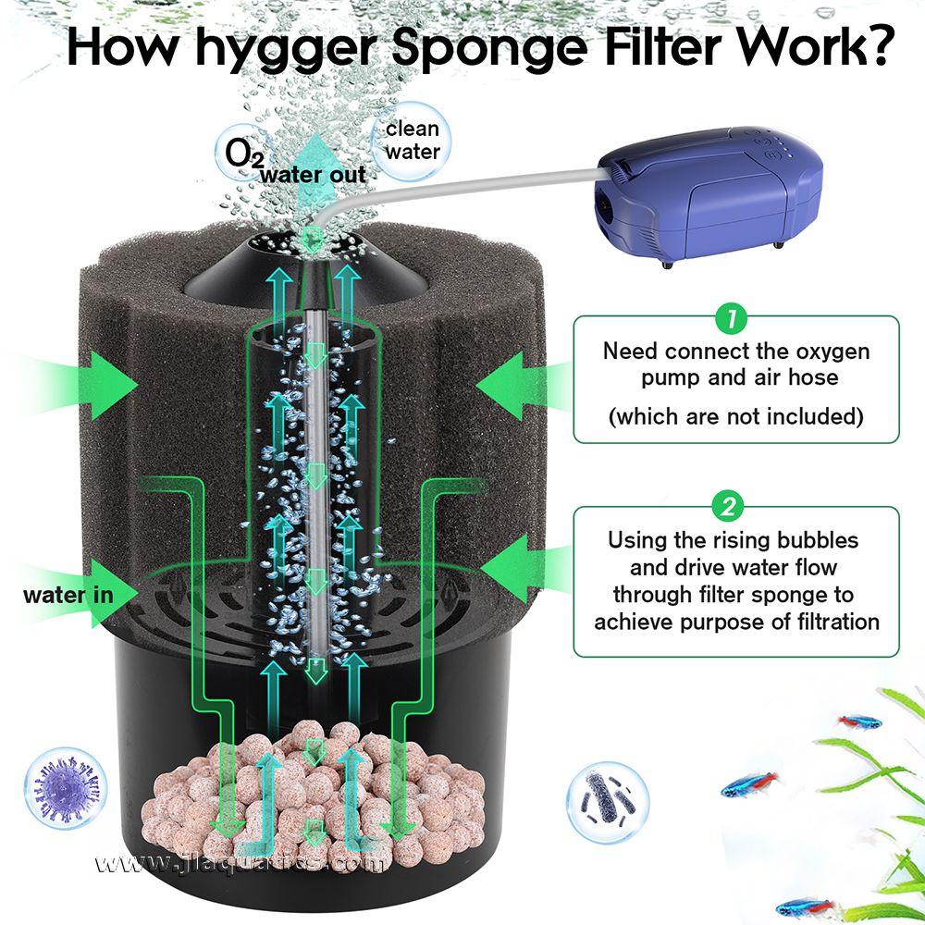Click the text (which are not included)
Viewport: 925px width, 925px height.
click(735, 416)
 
